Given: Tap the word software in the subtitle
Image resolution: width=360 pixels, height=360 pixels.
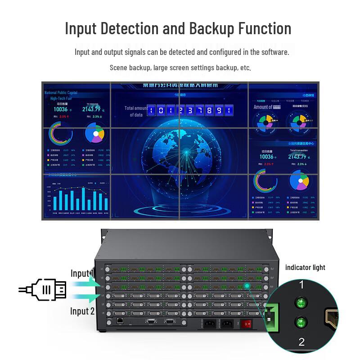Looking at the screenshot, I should point(272,52).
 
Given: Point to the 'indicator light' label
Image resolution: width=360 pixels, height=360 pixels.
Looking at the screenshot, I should point(305,267).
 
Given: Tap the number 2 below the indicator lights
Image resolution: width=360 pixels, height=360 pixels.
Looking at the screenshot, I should point(301,342).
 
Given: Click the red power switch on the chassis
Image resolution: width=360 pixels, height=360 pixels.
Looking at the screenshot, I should point(246,323).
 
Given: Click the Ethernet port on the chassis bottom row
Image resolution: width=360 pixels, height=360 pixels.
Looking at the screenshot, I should point(121,321).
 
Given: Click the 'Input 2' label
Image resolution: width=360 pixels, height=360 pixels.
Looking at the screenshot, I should point(82,311).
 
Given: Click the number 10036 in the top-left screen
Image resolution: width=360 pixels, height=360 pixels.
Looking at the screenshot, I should point(61,109).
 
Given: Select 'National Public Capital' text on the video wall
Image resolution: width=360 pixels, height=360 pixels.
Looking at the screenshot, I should point(61,93).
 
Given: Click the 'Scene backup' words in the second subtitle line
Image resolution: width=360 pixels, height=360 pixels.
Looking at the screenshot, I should point(130,67).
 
